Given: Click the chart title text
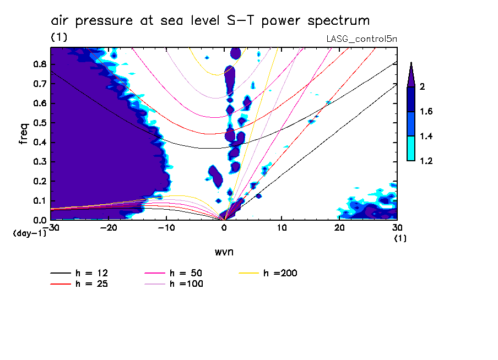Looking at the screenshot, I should [210, 21].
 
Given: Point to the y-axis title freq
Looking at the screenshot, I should [23, 134].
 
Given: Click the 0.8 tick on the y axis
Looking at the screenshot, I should [38, 64].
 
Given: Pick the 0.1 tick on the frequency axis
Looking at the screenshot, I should [38, 200].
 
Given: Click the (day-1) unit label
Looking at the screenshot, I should [29, 233].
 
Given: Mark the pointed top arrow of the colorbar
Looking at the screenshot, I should [411, 74].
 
